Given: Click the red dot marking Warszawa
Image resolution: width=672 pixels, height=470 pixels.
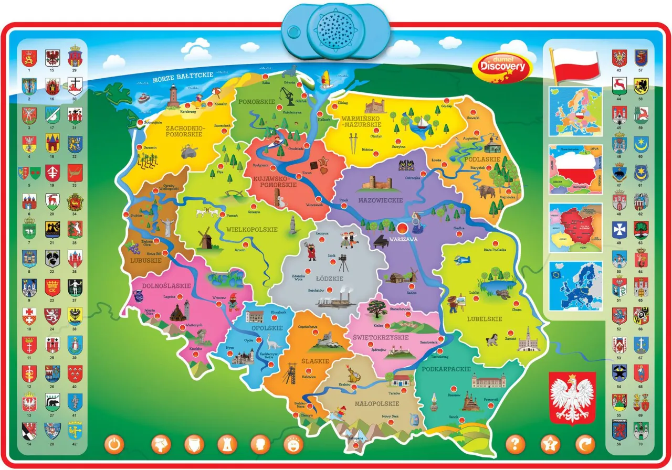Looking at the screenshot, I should (402, 228).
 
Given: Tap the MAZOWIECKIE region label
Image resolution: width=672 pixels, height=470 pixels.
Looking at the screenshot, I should (380, 200).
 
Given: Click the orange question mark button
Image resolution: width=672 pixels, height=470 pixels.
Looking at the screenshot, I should (515, 444).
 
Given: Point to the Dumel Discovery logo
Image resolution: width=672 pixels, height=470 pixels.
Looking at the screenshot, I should (502, 66).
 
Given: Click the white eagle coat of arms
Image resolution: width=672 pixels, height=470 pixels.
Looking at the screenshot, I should (572, 398).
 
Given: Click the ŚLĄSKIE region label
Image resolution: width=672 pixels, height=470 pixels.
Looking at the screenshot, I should (314, 361).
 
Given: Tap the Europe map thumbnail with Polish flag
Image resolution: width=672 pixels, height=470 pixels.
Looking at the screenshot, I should (575, 112).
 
